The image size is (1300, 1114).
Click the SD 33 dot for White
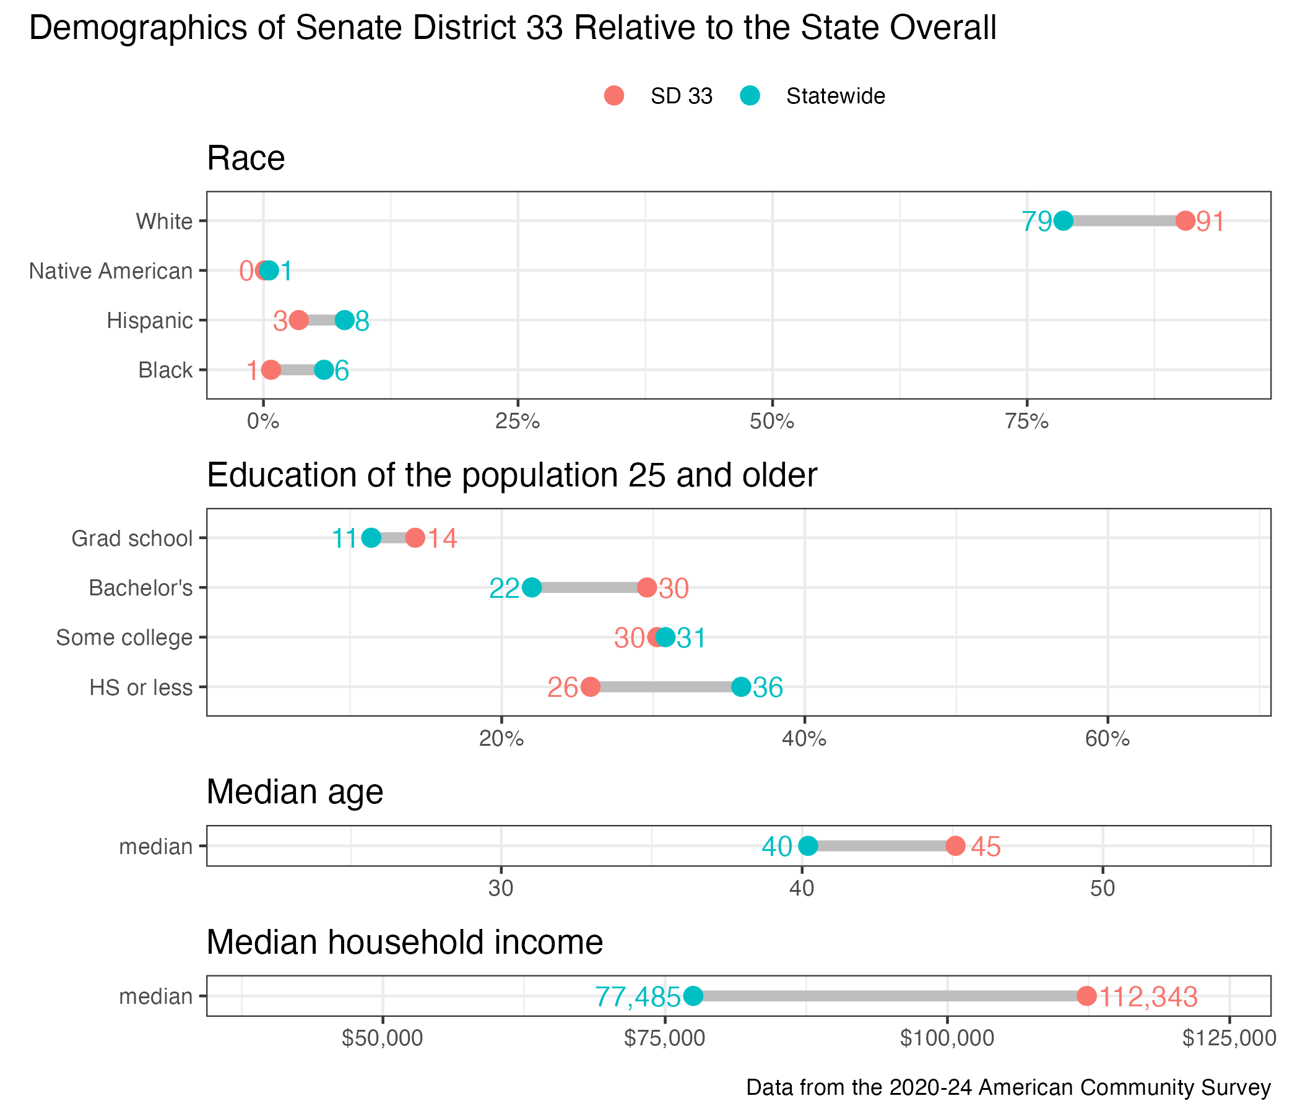(1185, 221)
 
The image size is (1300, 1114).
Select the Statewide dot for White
(1063, 221)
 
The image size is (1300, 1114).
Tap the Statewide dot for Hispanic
(344, 320)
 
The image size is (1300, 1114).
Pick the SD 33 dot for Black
(271, 370)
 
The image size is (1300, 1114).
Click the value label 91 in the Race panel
(1210, 222)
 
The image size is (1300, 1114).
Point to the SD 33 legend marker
(614, 95)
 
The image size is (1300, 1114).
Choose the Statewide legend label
(835, 96)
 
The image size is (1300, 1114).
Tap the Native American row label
(111, 271)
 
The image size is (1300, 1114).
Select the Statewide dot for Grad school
(371, 538)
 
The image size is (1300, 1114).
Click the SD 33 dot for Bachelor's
(647, 588)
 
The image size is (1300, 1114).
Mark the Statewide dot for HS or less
(741, 687)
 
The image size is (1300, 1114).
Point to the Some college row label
(124, 637)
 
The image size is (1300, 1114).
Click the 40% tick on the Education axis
(804, 740)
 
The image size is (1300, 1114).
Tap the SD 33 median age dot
(955, 845)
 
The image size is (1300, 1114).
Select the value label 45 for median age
(986, 847)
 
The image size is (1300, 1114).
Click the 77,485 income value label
(638, 996)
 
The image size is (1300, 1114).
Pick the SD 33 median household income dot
(1086, 995)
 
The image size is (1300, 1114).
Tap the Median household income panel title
(405, 942)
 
